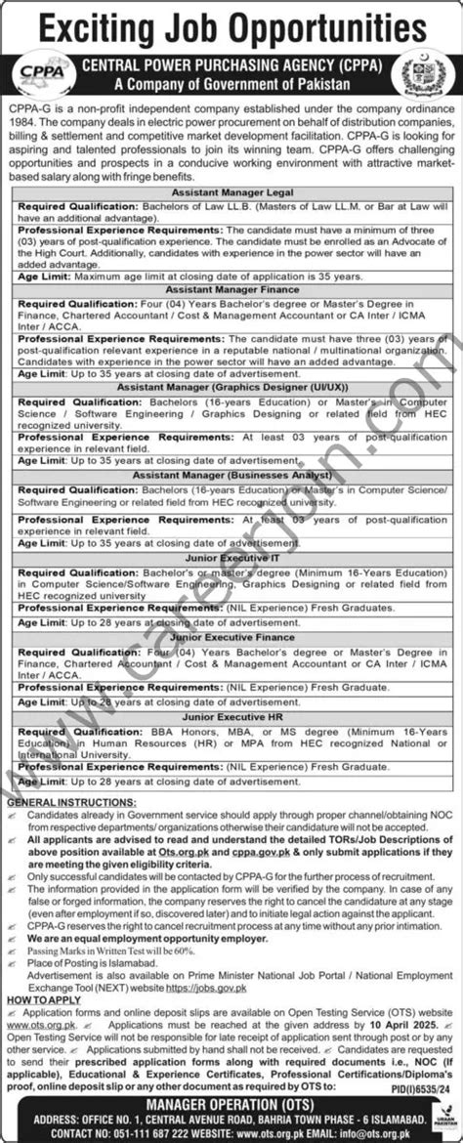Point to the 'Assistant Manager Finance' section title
click(x=231, y=290)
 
